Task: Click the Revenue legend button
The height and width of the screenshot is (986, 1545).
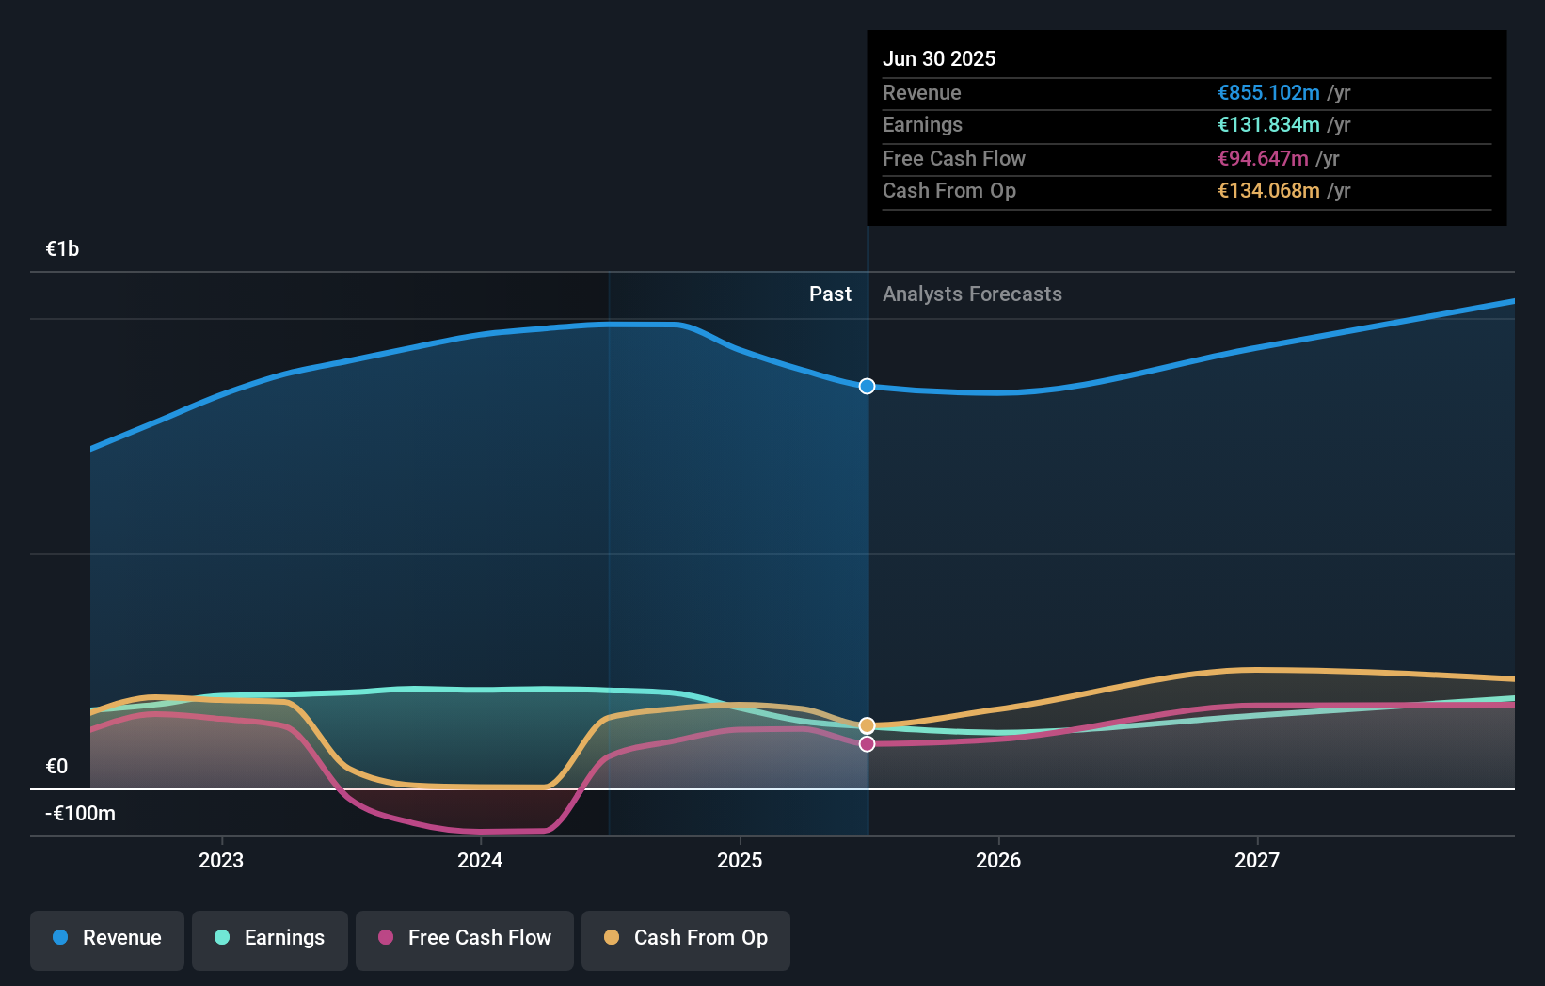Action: [107, 938]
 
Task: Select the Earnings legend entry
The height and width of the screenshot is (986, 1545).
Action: [270, 938]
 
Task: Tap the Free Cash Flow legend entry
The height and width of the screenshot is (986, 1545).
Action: [465, 938]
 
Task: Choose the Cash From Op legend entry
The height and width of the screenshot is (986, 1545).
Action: [686, 938]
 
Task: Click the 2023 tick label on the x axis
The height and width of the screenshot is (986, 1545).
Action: [221, 860]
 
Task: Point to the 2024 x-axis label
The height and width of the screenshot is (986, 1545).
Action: [480, 860]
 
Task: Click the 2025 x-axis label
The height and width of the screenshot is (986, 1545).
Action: [740, 860]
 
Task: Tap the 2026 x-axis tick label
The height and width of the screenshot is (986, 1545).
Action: [998, 860]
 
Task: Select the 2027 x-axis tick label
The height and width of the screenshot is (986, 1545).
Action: [1257, 860]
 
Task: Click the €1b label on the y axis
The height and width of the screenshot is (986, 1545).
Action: [62, 249]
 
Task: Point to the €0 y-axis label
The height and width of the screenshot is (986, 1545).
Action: [56, 767]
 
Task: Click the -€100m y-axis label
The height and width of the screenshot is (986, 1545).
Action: [80, 814]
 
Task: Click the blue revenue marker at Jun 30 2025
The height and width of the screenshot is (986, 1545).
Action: [867, 387]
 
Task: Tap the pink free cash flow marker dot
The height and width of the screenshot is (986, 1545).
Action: [867, 744]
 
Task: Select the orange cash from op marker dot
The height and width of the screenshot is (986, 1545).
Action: [867, 725]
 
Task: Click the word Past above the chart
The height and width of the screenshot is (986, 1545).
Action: [830, 294]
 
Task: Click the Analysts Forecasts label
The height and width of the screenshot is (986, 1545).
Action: [972, 294]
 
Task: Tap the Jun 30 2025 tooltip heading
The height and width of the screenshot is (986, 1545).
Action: [938, 58]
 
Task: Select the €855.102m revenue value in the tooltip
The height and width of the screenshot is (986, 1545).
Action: [1268, 93]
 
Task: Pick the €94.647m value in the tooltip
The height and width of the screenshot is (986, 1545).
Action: [1263, 159]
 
